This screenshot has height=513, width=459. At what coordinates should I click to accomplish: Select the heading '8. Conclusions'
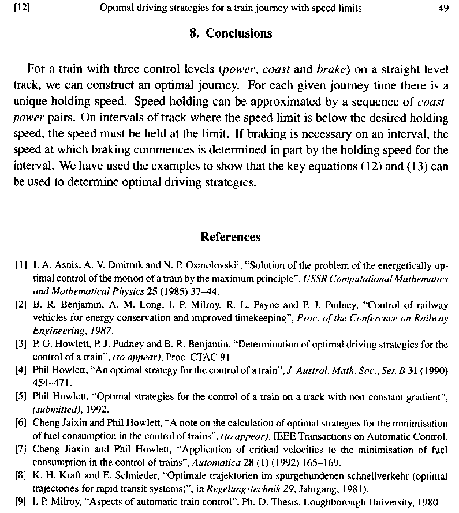click(x=230, y=33)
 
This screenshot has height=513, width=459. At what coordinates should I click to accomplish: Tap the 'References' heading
click(x=230, y=237)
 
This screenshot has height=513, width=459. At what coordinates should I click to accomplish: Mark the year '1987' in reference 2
click(x=101, y=330)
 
